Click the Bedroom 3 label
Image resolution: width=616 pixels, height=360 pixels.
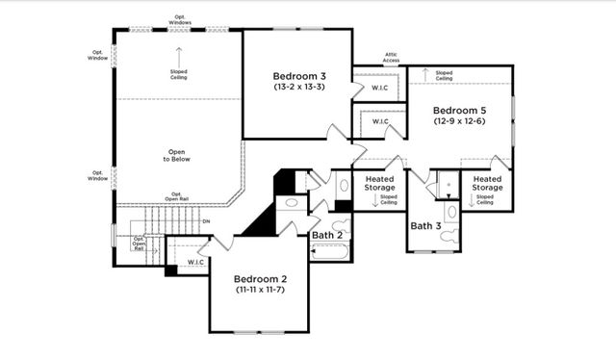[x=299, y=75]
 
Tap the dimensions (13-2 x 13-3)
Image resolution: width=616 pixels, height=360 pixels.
[x=299, y=87]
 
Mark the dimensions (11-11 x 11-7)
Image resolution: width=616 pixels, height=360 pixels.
[x=262, y=289]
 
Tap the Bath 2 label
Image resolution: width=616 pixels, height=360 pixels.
[x=328, y=234]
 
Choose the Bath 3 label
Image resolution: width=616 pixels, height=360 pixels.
[x=425, y=226]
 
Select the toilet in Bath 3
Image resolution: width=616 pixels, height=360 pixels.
[x=451, y=211]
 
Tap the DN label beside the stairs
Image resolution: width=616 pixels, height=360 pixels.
[x=205, y=221]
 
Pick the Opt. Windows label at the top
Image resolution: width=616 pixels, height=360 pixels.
[x=180, y=18]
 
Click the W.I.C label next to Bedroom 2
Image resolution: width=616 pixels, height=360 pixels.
[x=195, y=262]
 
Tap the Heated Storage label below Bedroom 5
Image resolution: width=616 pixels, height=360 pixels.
[x=487, y=183]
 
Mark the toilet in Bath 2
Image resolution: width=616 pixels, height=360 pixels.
[x=344, y=185]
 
